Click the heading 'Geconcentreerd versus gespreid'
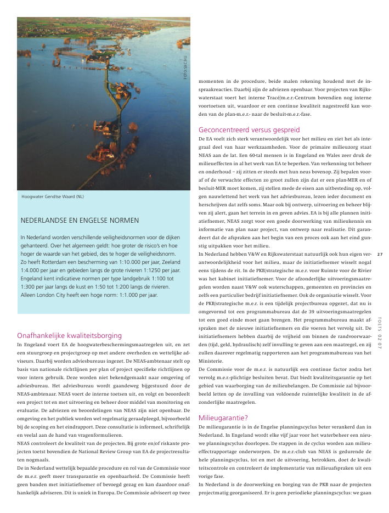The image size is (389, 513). click(249, 130)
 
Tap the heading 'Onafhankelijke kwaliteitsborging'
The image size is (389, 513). click(70, 335)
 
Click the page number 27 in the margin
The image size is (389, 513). click(379, 253)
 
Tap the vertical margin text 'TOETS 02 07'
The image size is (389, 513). click(379, 332)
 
